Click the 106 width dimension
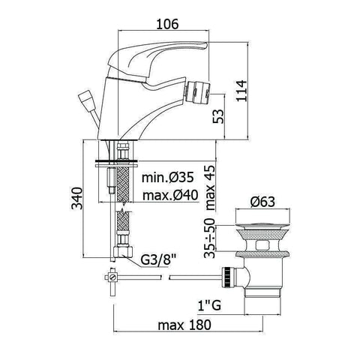click(167, 24)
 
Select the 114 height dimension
click(241, 91)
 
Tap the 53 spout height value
click(218, 116)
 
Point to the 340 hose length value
click(77, 198)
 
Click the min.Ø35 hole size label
click(168, 177)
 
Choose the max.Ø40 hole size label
click(170, 195)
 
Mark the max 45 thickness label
click(210, 187)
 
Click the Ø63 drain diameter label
click(262, 202)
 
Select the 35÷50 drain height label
click(209, 238)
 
